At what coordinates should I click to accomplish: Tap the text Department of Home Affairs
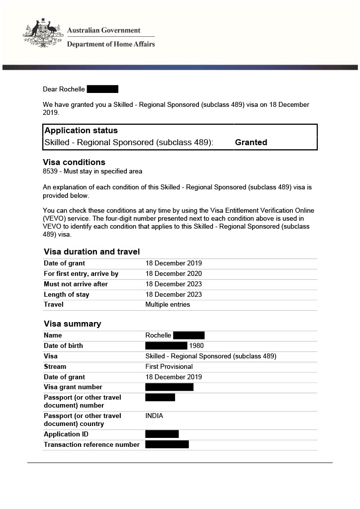pyautogui.click(x=110, y=44)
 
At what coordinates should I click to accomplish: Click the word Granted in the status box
pyautogui.click(x=251, y=142)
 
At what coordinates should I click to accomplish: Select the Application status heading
pyautogui.click(x=81, y=131)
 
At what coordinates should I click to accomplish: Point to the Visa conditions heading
pyautogui.click(x=74, y=162)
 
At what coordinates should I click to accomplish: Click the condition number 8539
pyautogui.click(x=51, y=171)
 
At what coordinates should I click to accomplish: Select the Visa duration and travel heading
pyautogui.click(x=91, y=252)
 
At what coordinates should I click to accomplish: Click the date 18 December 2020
pyautogui.click(x=174, y=274)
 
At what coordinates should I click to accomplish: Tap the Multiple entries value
pyautogui.click(x=168, y=305)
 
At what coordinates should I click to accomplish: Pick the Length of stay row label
pyautogui.click(x=67, y=295)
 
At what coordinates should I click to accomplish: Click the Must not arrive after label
pyautogui.click(x=76, y=284)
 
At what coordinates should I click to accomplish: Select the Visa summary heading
pyautogui.click(x=72, y=324)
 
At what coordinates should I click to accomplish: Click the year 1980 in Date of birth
pyautogui.click(x=196, y=346)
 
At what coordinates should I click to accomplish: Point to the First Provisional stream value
pyautogui.click(x=169, y=367)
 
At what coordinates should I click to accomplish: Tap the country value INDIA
pyautogui.click(x=154, y=416)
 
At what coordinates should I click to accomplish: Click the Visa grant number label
pyautogui.click(x=73, y=387)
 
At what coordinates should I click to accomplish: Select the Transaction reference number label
pyautogui.click(x=91, y=445)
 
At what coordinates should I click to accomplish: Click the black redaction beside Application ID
pyautogui.click(x=162, y=434)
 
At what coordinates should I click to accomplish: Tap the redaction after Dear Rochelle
pyautogui.click(x=102, y=89)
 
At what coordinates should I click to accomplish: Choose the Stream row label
pyautogui.click(x=55, y=367)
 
